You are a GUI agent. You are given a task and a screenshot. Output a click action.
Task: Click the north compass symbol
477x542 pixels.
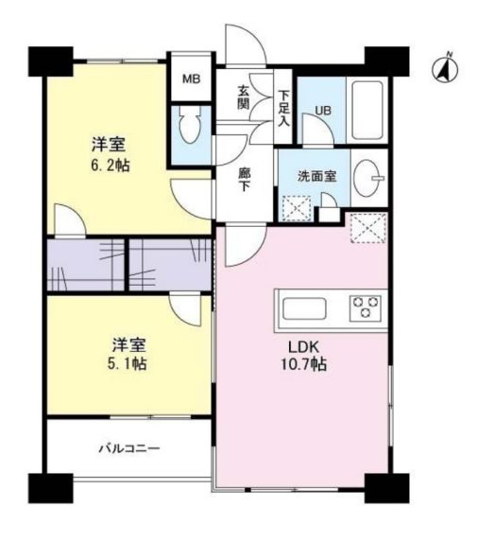coord(445,68)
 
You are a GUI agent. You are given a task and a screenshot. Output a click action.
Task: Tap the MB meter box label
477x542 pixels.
coord(191,79)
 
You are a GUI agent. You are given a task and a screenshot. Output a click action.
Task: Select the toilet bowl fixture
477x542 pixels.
coord(190,125)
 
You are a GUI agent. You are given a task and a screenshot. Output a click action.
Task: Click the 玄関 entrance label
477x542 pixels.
coord(244,97)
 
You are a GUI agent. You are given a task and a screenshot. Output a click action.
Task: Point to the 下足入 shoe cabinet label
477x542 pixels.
coord(284,108)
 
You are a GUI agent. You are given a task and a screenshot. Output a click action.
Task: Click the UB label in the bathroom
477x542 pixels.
coord(323,111)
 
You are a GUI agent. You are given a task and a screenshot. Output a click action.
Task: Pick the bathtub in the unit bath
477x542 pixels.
coord(366,111)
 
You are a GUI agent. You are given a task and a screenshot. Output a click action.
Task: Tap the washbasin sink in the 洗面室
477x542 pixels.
coord(368,178)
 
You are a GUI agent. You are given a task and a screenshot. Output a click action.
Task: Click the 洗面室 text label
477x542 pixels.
coord(316,177)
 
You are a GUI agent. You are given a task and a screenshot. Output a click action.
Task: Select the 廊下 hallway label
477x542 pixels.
coord(244,180)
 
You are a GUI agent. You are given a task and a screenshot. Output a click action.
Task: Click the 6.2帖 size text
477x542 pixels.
coord(111,166)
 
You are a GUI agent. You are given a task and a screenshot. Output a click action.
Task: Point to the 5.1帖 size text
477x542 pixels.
coord(128,363)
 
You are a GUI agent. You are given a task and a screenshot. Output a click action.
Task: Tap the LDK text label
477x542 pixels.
coord(303,346)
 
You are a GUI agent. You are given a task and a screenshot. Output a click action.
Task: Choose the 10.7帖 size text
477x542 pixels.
coord(304,364)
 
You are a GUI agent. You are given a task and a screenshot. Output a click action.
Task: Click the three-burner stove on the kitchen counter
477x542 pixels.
coord(366,306)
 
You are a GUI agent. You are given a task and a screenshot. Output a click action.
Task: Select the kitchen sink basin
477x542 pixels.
coord(304,309)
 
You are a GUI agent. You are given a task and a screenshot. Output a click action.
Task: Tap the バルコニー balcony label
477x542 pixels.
coord(129,448)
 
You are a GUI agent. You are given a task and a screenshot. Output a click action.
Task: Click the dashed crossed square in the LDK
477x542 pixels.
coord(368,228)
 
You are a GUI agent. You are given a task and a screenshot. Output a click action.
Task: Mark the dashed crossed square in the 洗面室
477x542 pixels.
coord(297,208)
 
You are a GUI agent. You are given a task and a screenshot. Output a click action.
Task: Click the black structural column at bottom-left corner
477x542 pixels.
coord(51,488)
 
